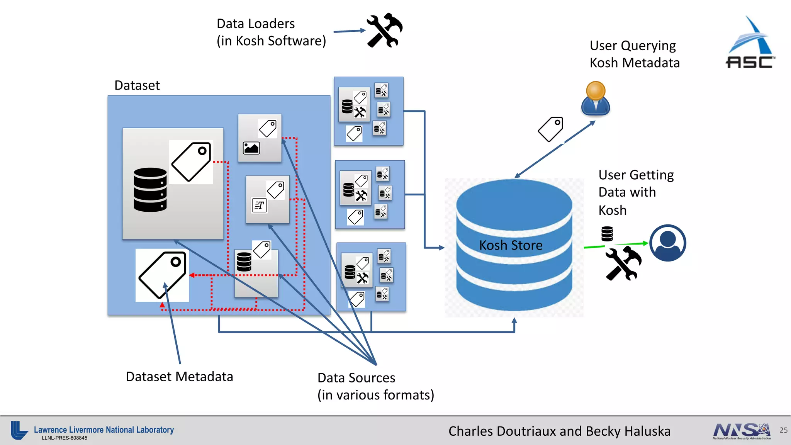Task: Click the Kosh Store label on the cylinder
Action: (511, 245)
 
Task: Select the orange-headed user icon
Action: (596, 99)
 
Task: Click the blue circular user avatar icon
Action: (667, 243)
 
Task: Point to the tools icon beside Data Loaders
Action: (385, 31)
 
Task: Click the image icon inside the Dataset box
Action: (251, 148)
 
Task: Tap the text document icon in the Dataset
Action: (259, 205)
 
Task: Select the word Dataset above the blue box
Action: (137, 85)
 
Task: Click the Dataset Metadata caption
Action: (180, 377)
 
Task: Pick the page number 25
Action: (783, 430)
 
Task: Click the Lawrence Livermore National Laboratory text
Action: (104, 430)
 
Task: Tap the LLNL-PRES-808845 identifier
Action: (65, 438)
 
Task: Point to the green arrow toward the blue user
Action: (616, 245)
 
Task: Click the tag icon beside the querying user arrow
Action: (551, 129)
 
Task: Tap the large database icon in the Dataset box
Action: (150, 190)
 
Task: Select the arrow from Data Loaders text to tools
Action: (350, 31)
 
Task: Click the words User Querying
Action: (633, 46)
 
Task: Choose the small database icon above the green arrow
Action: (607, 234)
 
